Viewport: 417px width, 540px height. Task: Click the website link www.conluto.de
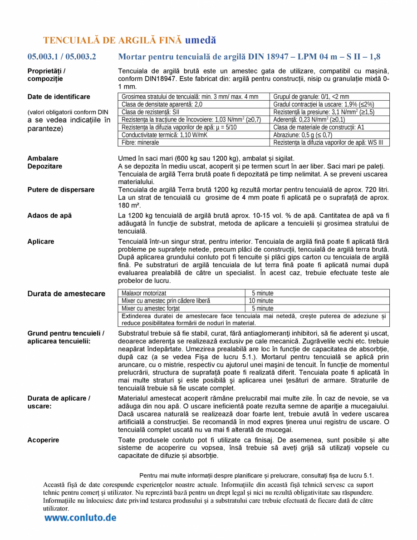(80, 517)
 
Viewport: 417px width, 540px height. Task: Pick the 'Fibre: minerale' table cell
(141, 142)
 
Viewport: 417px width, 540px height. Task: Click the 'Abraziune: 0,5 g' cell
(303, 135)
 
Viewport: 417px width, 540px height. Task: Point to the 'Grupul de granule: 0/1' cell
(311, 96)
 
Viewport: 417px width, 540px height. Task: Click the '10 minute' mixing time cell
(261, 300)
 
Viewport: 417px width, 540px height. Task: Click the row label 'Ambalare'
(43, 158)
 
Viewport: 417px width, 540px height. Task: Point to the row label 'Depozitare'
(45, 166)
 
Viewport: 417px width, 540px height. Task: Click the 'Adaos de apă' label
(49, 216)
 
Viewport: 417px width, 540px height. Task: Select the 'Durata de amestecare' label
(66, 294)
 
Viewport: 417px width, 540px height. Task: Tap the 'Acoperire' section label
(43, 440)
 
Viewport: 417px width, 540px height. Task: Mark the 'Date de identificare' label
(59, 97)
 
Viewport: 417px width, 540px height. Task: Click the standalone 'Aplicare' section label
(41, 241)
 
